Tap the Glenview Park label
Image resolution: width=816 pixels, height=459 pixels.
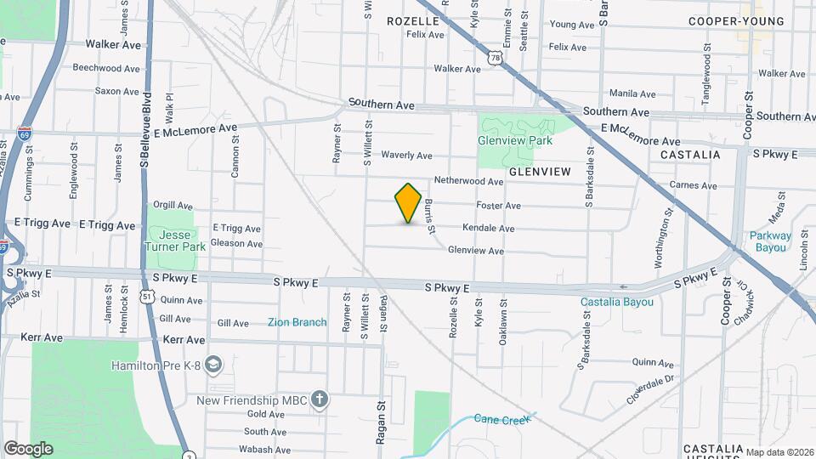point(515,140)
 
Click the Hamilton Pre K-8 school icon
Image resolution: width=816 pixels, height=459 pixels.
point(214,365)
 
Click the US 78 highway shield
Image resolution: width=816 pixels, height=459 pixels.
point(496,56)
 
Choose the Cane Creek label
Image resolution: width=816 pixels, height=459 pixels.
point(496,418)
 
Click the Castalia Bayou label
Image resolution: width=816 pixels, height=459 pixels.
point(617,302)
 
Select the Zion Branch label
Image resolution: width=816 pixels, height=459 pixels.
point(297,322)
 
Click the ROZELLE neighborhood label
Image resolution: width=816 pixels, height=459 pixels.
point(412,20)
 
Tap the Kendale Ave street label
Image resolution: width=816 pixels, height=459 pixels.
point(488,229)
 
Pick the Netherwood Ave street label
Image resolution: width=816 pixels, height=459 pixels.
point(468,181)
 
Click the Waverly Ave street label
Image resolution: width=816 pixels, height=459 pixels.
point(406,156)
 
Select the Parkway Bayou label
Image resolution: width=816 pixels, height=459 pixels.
point(770,242)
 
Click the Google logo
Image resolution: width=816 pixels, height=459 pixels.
point(28,449)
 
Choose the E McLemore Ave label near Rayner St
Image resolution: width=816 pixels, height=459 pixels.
point(195,128)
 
